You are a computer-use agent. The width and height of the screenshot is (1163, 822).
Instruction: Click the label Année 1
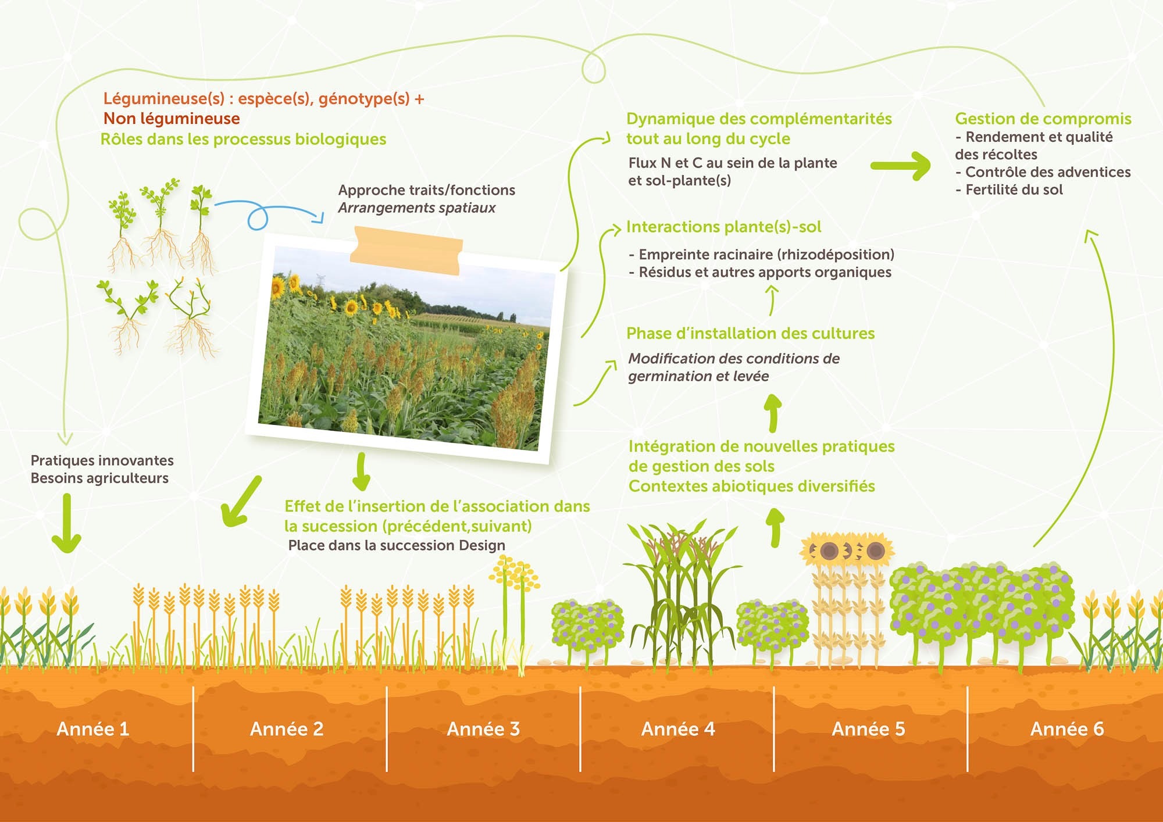tap(92, 729)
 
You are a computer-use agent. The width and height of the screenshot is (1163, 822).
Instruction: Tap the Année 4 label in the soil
tap(677, 729)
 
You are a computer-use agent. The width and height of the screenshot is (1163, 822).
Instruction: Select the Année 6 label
tap(1066, 729)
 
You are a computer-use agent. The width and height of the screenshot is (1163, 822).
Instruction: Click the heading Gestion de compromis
tap(1043, 119)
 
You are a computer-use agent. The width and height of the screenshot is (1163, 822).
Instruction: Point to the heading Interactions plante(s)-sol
tap(723, 227)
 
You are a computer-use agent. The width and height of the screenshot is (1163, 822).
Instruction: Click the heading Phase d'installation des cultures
tap(750, 334)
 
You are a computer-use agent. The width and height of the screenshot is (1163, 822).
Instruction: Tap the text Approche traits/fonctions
tap(426, 190)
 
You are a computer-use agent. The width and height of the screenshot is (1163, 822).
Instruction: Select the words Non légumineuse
tap(172, 119)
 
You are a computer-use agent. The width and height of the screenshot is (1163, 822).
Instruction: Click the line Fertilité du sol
tap(1014, 190)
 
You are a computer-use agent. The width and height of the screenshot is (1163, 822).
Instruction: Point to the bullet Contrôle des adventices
tap(1047, 172)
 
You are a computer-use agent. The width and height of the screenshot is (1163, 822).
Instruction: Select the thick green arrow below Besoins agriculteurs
tap(66, 523)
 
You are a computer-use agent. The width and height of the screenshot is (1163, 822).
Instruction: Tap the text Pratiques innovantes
tap(102, 460)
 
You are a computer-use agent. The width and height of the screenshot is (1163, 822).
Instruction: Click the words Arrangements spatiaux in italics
tap(416, 208)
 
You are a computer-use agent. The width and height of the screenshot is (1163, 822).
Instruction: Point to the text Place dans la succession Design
tap(397, 545)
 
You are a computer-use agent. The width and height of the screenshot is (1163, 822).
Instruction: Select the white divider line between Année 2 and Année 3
tap(387, 729)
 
